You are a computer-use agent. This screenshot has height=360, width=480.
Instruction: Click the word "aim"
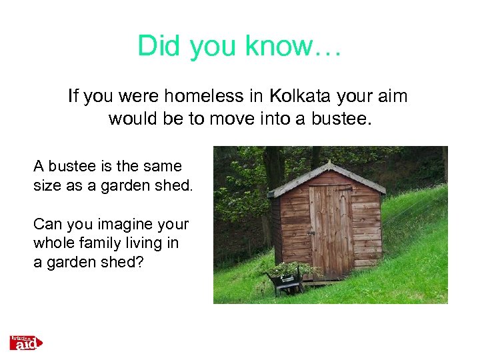391,97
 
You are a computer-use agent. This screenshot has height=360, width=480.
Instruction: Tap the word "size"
47,186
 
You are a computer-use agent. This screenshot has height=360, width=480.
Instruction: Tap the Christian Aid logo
26,343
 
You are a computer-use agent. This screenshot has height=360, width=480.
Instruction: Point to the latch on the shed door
311,233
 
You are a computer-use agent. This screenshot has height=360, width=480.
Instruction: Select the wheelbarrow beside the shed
283,281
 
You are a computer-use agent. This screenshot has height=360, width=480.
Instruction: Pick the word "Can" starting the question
46,225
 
